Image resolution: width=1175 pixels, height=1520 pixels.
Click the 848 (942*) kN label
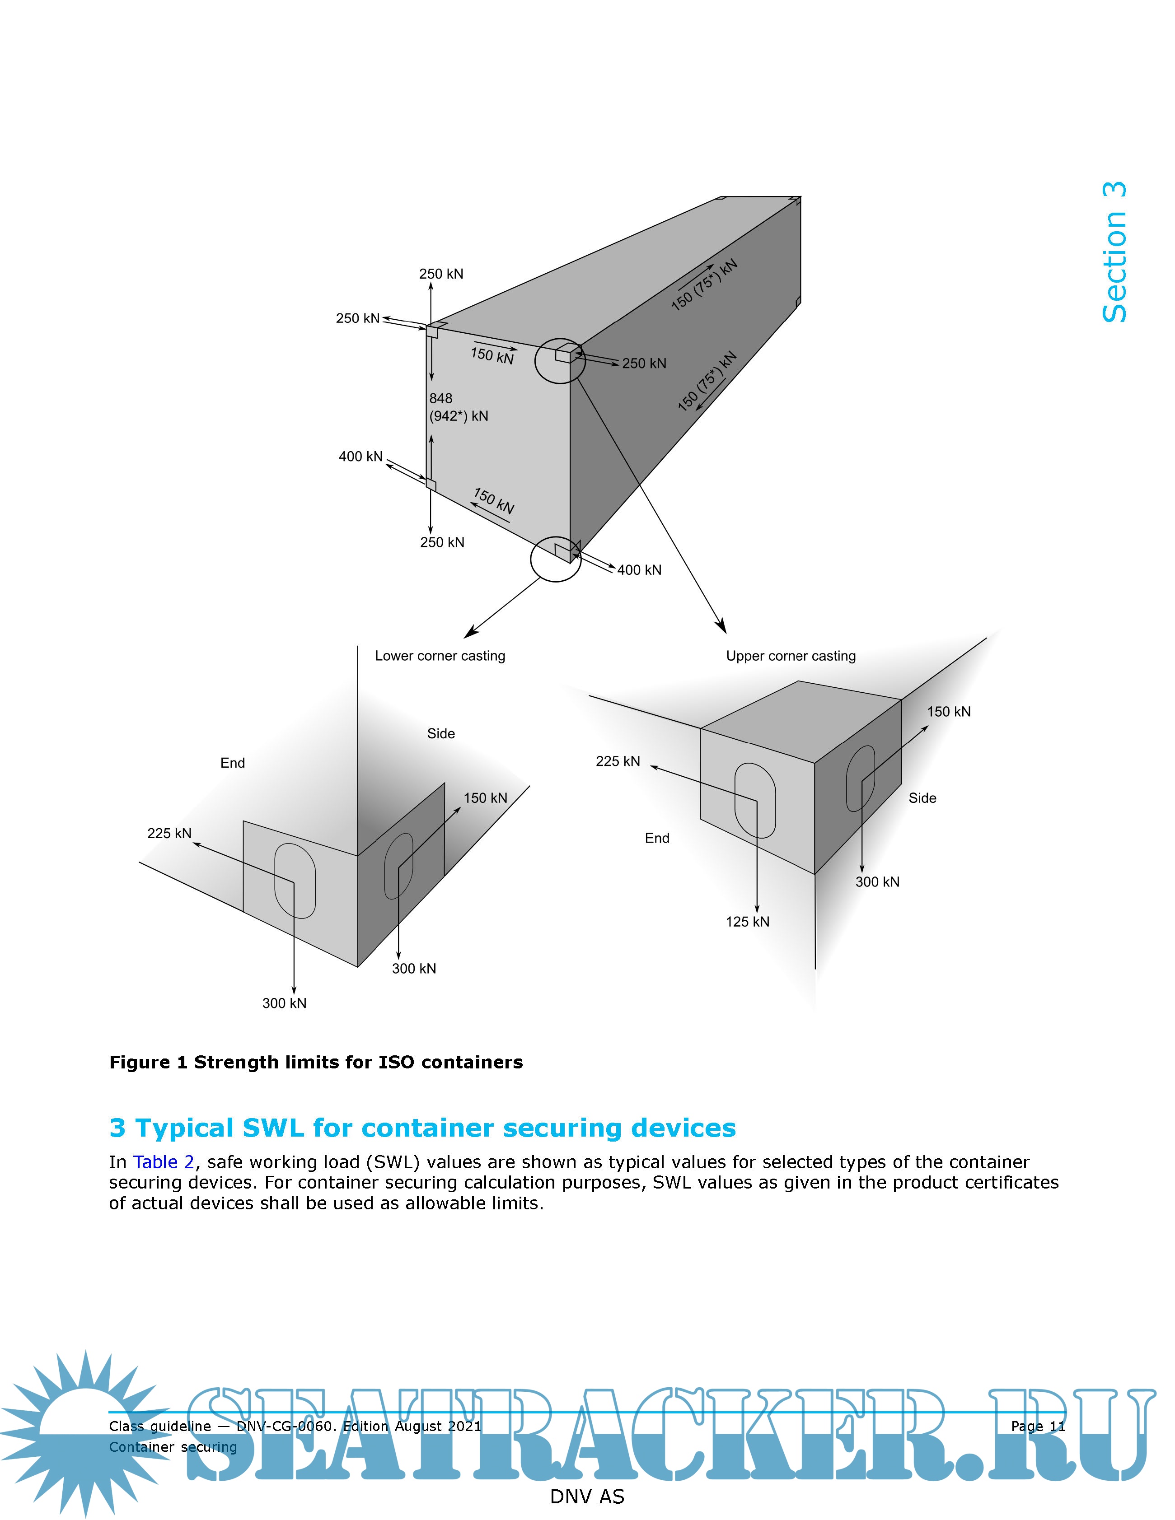point(458,407)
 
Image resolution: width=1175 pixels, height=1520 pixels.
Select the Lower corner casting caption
point(440,656)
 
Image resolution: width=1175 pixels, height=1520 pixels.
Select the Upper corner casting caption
point(791,656)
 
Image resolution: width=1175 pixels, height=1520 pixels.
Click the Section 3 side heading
point(1114,252)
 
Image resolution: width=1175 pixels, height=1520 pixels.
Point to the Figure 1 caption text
point(316,1062)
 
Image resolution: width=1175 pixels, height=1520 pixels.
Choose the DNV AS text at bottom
point(587,1497)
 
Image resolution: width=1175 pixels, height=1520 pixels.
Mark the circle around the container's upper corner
point(560,360)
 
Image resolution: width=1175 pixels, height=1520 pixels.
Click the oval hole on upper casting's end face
point(755,800)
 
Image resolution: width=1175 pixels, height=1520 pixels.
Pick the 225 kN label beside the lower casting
point(169,833)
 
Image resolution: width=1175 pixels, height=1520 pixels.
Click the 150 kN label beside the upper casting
point(948,711)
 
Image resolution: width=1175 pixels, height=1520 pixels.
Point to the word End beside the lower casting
point(233,763)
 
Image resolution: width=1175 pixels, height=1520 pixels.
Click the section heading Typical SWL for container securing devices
point(422,1128)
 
